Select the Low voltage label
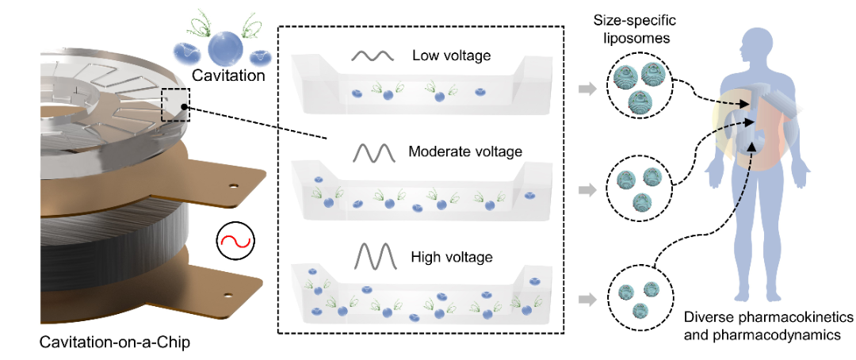[452, 56]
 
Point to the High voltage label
[453, 257]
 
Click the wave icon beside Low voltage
[373, 57]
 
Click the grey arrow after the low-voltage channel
[587, 88]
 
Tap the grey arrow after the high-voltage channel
[587, 299]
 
